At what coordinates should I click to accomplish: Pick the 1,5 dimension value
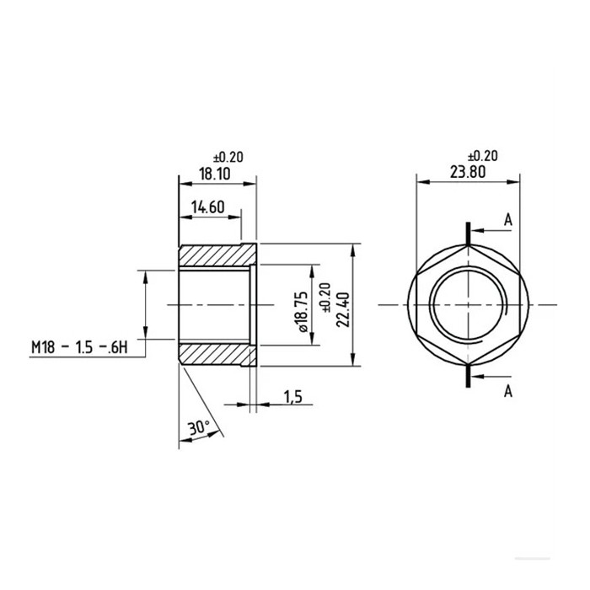tap(293, 396)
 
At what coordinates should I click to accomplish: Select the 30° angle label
tap(199, 428)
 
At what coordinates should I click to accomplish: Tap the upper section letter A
tap(508, 219)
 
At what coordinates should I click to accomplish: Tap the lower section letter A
tap(508, 390)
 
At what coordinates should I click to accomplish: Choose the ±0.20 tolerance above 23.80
tap(482, 156)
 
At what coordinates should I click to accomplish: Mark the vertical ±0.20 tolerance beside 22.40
tap(324, 304)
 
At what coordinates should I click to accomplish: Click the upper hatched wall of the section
tap(215, 254)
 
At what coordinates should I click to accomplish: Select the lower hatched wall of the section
tap(215, 354)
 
